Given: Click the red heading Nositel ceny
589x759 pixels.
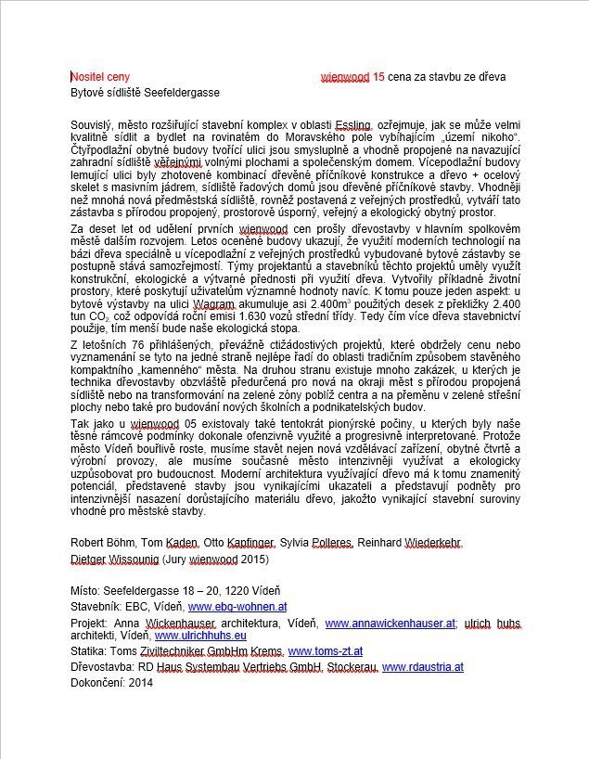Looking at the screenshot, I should [x=101, y=77].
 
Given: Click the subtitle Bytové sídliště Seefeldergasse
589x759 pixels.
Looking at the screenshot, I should [x=146, y=93].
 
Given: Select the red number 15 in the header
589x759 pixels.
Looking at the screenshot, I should [x=378, y=77].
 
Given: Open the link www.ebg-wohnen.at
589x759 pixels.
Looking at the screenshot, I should [x=237, y=607].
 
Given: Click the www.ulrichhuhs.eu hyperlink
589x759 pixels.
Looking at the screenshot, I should [x=200, y=637].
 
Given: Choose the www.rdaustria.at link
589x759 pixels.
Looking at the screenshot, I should [x=423, y=667].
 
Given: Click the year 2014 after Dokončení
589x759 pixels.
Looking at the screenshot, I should [x=141, y=683].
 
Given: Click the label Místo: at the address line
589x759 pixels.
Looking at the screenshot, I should [x=86, y=591].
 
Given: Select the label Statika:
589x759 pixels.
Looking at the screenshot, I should [x=91, y=652].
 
